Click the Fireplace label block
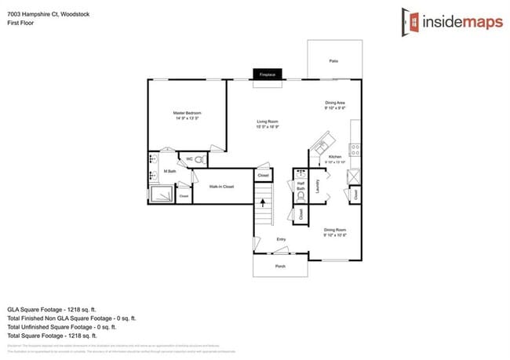[268, 75]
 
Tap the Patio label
[333, 60]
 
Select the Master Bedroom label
[187, 115]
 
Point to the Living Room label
[268, 123]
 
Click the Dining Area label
[335, 105]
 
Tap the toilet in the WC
[199, 160]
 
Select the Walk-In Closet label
[221, 187]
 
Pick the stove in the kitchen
[355, 147]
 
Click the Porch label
[280, 267]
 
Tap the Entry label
[280, 239]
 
